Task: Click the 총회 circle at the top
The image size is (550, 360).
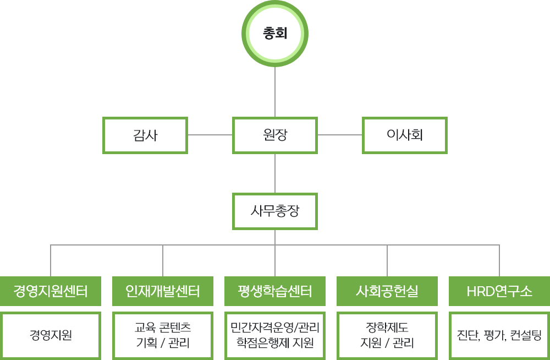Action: click(275, 34)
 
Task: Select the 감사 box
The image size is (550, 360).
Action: click(145, 135)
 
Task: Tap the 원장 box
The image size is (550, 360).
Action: click(275, 135)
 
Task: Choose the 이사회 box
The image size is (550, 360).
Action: click(404, 135)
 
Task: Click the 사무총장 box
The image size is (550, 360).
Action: click(275, 211)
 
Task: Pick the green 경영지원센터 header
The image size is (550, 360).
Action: click(51, 291)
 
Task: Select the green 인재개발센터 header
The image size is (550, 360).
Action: click(163, 291)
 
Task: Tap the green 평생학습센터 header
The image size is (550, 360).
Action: click(275, 291)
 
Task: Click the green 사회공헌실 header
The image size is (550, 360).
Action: click(387, 291)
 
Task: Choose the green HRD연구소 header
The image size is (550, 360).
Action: click(499, 291)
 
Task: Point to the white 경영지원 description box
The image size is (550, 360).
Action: click(51, 335)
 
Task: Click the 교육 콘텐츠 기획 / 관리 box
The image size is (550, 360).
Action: click(163, 335)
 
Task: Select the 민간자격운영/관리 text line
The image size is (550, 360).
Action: click(275, 328)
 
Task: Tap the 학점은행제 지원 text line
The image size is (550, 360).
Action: click(275, 343)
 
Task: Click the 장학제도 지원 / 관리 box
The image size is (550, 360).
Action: click(387, 335)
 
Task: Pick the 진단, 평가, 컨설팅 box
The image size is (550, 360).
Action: click(499, 335)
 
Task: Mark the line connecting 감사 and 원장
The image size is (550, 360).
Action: click(210, 134)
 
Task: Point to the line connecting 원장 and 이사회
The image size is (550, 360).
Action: click(339, 134)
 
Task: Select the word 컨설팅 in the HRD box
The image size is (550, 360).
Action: click(526, 335)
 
